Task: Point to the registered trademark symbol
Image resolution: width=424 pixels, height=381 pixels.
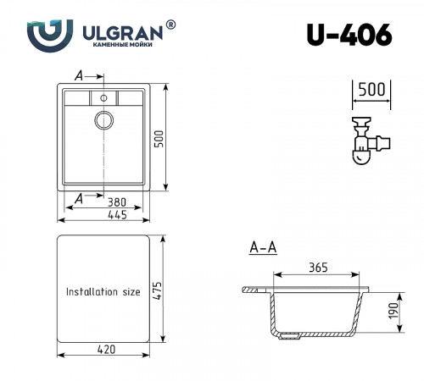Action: tap(172, 25)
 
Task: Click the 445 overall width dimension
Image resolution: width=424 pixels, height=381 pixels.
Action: tap(117, 217)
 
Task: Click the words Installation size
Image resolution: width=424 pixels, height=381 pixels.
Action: tap(103, 291)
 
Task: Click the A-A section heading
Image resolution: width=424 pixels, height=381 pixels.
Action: tap(263, 248)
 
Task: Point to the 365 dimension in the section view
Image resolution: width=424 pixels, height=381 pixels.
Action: tap(317, 268)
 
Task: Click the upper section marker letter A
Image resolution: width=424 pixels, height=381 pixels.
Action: tap(79, 75)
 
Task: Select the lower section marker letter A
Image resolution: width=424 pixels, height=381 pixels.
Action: tap(79, 197)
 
